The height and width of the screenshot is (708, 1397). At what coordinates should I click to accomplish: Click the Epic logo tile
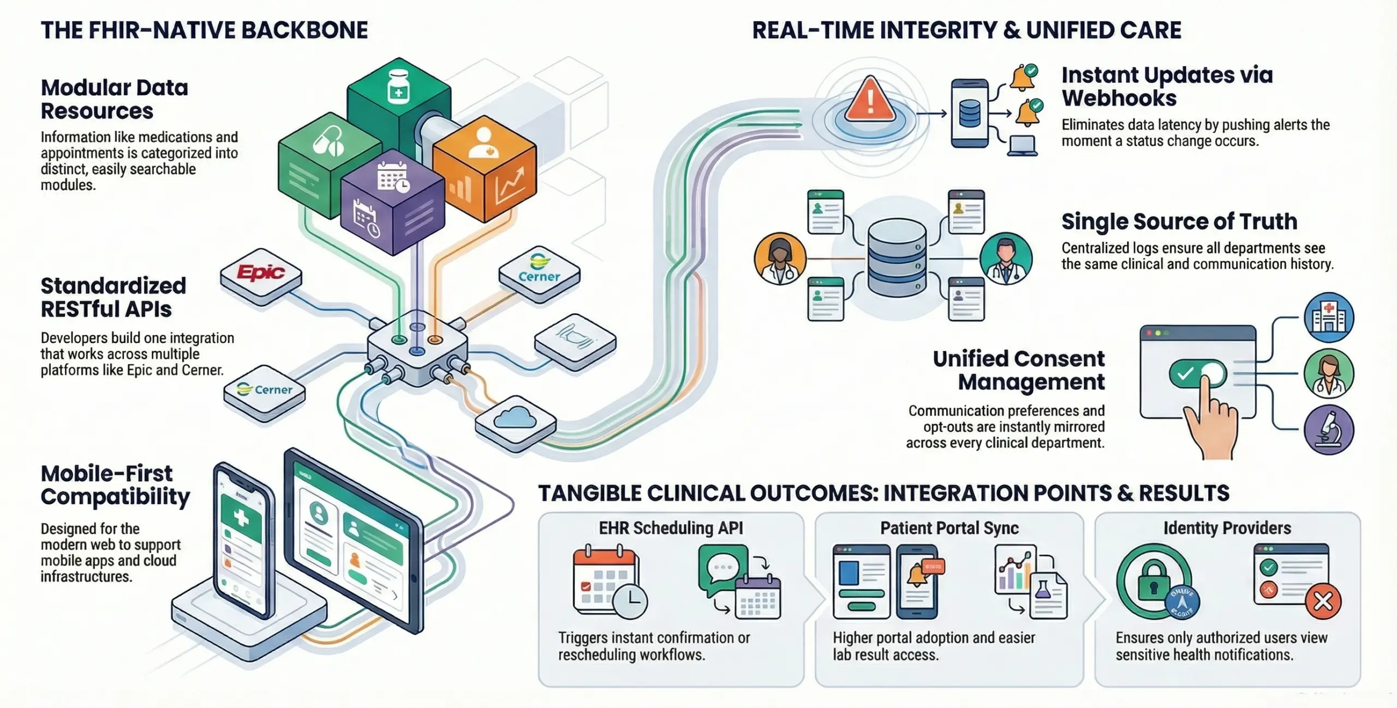click(261, 272)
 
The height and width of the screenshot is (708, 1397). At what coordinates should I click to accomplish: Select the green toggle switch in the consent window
click(1197, 374)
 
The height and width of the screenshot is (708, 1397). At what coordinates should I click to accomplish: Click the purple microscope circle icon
click(1328, 430)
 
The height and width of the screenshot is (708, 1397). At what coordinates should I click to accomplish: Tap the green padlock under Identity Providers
click(1153, 583)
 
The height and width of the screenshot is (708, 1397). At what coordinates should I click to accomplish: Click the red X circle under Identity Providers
click(1323, 602)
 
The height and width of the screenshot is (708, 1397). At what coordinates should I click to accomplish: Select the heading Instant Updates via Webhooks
click(1167, 86)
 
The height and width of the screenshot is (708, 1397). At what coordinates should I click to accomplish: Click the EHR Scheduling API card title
click(671, 528)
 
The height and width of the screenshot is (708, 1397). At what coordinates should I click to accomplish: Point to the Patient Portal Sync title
click(949, 528)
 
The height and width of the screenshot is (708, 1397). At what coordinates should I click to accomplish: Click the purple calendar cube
click(392, 207)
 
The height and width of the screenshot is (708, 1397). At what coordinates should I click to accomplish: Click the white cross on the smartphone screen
click(241, 517)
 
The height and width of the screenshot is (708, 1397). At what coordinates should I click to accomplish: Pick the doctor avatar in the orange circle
click(780, 259)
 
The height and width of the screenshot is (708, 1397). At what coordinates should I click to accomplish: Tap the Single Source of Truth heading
click(1179, 222)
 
